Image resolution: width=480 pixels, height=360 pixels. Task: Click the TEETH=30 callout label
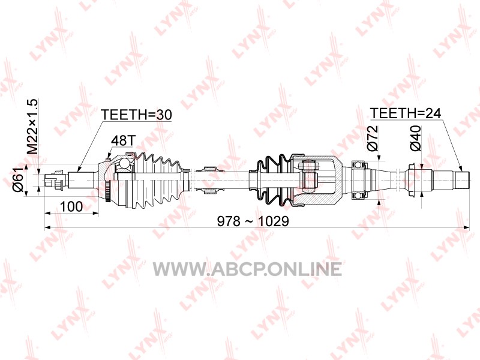pyautogui.click(x=136, y=115)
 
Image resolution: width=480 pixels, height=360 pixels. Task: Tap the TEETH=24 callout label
pyautogui.click(x=406, y=113)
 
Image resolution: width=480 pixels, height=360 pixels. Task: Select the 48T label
pyautogui.click(x=123, y=140)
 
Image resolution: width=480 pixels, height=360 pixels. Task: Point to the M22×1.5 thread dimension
pyautogui.click(x=32, y=127)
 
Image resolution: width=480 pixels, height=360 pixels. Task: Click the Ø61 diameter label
pyautogui.click(x=19, y=179)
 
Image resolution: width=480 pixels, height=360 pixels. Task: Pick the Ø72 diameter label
pyautogui.click(x=373, y=138)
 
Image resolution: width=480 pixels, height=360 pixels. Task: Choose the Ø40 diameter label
pyautogui.click(x=415, y=138)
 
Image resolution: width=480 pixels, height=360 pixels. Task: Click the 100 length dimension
pyautogui.click(x=71, y=206)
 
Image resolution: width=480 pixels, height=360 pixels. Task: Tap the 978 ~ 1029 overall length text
pyautogui.click(x=253, y=221)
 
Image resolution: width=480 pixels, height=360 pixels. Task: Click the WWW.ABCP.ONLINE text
pyautogui.click(x=247, y=269)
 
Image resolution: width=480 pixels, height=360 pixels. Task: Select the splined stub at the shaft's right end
pyautogui.click(x=462, y=180)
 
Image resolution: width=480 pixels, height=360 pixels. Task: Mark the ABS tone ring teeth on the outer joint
pyautogui.click(x=107, y=191)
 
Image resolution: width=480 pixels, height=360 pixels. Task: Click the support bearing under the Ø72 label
pyautogui.click(x=359, y=180)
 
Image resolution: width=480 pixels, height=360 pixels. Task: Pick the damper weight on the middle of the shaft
pyautogui.click(x=210, y=180)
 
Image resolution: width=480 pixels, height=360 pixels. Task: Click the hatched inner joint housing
pyautogui.click(x=319, y=180)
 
